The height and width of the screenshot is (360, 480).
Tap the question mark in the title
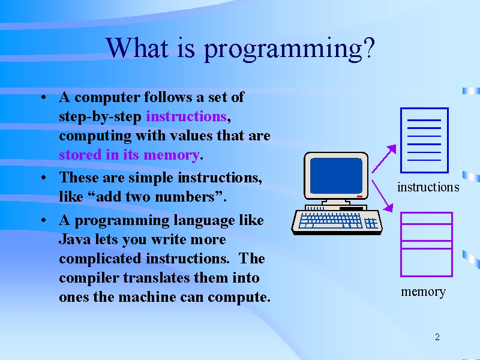pos(370,47)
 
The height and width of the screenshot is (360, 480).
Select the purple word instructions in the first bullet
pos(186,116)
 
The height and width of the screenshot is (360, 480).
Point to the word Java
pos(74,239)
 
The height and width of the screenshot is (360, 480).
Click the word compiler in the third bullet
pos(89,278)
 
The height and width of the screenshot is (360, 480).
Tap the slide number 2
pos(437,337)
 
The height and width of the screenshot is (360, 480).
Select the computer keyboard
pos(337,221)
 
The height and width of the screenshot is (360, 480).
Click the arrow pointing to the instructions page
pos(384,159)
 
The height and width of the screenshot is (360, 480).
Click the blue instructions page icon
pos(424,140)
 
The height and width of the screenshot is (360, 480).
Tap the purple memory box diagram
pos(427,244)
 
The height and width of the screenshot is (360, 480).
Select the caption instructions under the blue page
pos(428,187)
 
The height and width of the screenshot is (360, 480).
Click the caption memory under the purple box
pos(424,292)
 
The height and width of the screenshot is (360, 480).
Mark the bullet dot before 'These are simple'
pos(43,178)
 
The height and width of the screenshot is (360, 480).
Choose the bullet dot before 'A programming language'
pos(43,220)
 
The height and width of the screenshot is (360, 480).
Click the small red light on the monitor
pos(359,196)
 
